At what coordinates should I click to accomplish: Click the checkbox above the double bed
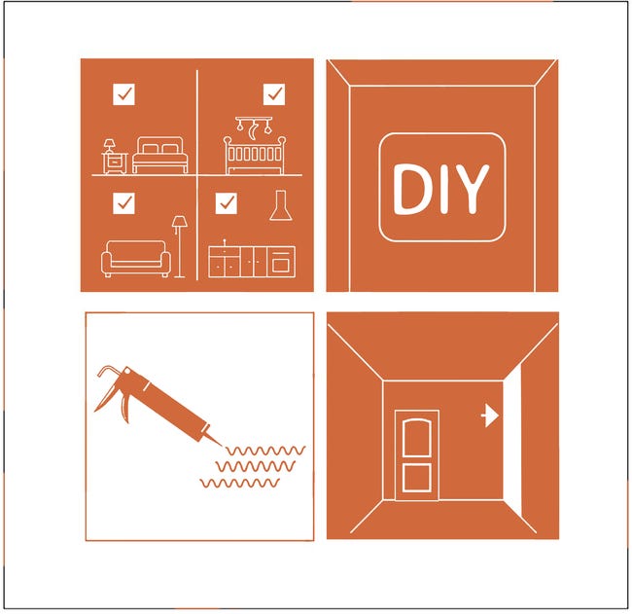click(123, 94)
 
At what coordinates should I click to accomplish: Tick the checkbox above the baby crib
click(274, 94)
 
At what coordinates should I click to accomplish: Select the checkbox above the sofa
click(123, 203)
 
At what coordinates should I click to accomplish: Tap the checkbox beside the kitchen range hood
click(227, 203)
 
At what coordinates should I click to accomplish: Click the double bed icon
click(160, 156)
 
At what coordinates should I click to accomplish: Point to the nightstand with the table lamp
click(114, 157)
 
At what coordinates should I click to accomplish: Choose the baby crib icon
click(255, 156)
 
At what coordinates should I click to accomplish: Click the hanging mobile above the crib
click(255, 127)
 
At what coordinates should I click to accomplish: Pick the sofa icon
click(135, 259)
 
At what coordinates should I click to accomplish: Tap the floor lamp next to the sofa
click(179, 247)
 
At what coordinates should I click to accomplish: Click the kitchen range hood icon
click(281, 205)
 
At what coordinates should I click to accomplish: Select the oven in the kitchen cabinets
click(281, 262)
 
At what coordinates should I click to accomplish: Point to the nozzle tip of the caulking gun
click(222, 447)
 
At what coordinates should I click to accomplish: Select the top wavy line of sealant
click(265, 451)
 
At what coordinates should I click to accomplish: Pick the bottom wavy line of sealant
click(240, 483)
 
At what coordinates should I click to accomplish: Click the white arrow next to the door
click(490, 415)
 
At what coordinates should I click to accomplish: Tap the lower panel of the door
click(417, 478)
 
